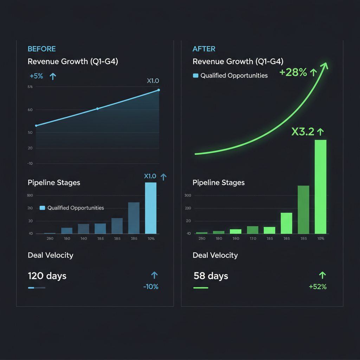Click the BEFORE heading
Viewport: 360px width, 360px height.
pyautogui.click(x=41, y=49)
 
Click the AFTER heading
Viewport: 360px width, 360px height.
pyautogui.click(x=204, y=49)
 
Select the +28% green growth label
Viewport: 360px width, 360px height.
pyautogui.click(x=293, y=73)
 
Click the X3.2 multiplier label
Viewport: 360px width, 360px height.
pyautogui.click(x=303, y=132)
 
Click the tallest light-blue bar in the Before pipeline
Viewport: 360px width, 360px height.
pyautogui.click(x=150, y=208)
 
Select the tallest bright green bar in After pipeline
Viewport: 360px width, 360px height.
pyautogui.click(x=320, y=187)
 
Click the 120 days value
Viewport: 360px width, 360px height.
pyautogui.click(x=47, y=276)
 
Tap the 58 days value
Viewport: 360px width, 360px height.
pyautogui.click(x=211, y=276)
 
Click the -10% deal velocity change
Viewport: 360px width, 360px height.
pyautogui.click(x=150, y=287)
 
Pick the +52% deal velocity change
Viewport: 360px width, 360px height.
pyautogui.click(x=317, y=287)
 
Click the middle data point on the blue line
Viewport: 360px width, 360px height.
pyautogui.click(x=97, y=109)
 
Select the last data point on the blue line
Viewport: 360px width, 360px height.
pyautogui.click(x=159, y=90)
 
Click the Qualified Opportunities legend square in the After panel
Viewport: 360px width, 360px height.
pyautogui.click(x=196, y=76)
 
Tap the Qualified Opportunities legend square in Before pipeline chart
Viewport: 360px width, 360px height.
pyautogui.click(x=43, y=208)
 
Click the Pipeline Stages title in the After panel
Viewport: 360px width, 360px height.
pyautogui.click(x=218, y=183)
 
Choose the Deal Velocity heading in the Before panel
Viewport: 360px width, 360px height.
pyautogui.click(x=50, y=255)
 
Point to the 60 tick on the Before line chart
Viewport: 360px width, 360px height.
pyautogui.click(x=30, y=110)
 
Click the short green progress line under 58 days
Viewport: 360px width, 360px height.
pyautogui.click(x=201, y=288)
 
